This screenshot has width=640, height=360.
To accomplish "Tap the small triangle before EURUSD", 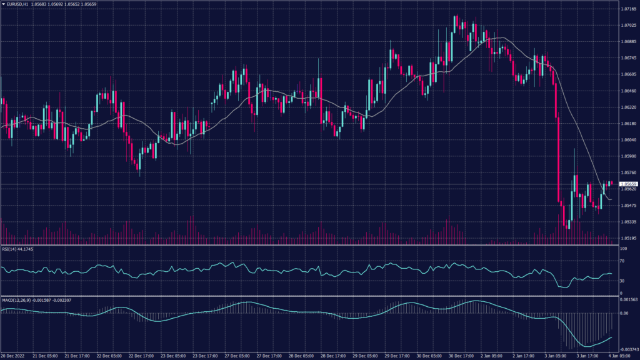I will pos(3,5).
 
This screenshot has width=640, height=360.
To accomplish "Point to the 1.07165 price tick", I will pos(627,10).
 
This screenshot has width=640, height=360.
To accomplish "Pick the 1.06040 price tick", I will pos(627,140).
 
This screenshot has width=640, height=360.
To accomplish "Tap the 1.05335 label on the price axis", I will pos(627,221).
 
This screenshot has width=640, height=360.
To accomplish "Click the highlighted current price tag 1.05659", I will pos(627,184).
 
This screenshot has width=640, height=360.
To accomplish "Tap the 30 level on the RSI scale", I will pos(622,281).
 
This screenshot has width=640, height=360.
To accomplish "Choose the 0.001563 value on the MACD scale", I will pos(627,300).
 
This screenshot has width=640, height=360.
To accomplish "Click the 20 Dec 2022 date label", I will pos(14,356).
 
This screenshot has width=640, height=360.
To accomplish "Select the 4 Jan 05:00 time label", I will pos(619,356).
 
